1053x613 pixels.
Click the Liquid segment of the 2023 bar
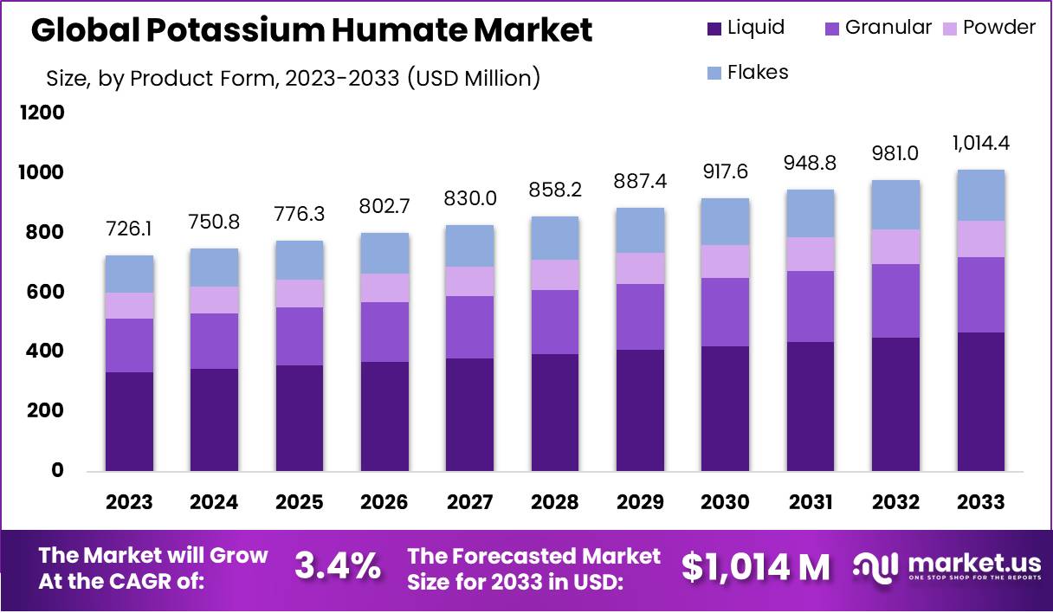tap(129, 422)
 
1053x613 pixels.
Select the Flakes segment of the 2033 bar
tap(981, 195)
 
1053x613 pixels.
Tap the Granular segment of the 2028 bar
tap(555, 322)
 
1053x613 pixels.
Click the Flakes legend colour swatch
tap(714, 73)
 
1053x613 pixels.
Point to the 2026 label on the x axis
tap(384, 502)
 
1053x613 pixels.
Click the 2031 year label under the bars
tap(811, 502)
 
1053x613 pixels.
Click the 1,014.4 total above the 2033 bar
tap(981, 143)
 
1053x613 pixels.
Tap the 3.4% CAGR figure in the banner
tap(338, 567)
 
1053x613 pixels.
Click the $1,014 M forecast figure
tap(755, 567)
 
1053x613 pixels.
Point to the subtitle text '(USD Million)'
tap(472, 78)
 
